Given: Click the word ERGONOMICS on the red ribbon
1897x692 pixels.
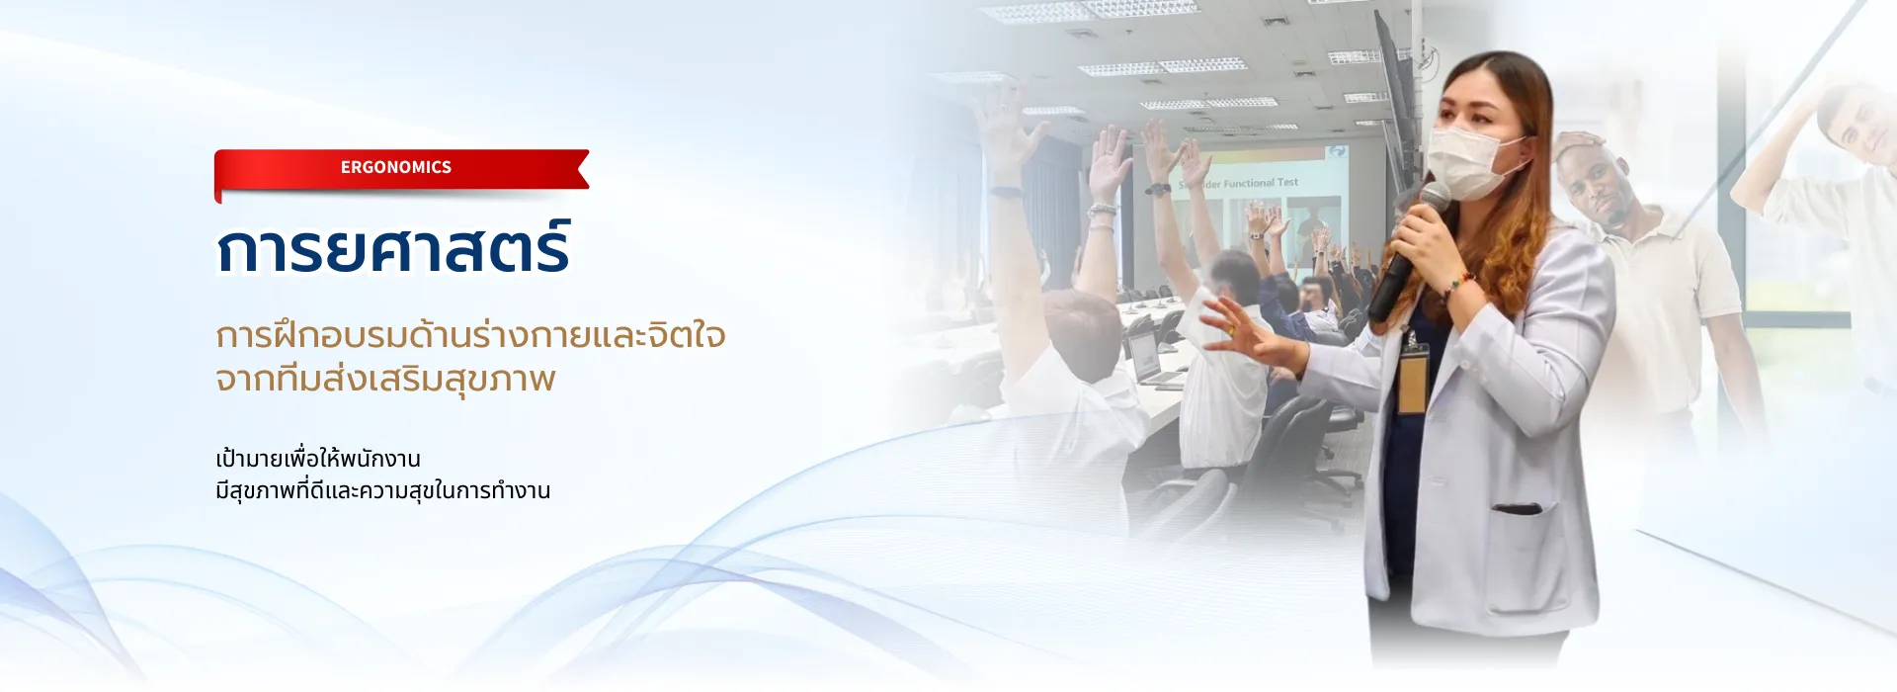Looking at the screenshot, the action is point(396,167).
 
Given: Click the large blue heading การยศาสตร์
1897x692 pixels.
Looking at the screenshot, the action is point(393,248).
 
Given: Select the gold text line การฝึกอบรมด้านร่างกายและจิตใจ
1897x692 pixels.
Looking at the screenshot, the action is point(470,334).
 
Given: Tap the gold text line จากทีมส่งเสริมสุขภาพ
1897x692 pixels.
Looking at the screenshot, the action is point(385,379).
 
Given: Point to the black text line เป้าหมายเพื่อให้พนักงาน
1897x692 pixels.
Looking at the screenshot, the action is point(318,458).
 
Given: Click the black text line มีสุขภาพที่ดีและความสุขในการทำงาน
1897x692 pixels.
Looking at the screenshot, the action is point(382,490).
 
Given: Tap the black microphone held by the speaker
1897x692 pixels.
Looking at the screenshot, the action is point(1407,251).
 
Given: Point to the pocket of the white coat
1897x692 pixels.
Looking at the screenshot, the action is point(1517,510).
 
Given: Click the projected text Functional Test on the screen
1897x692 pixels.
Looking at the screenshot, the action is point(1261,183).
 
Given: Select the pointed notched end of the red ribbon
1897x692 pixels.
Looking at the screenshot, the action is point(583,168).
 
